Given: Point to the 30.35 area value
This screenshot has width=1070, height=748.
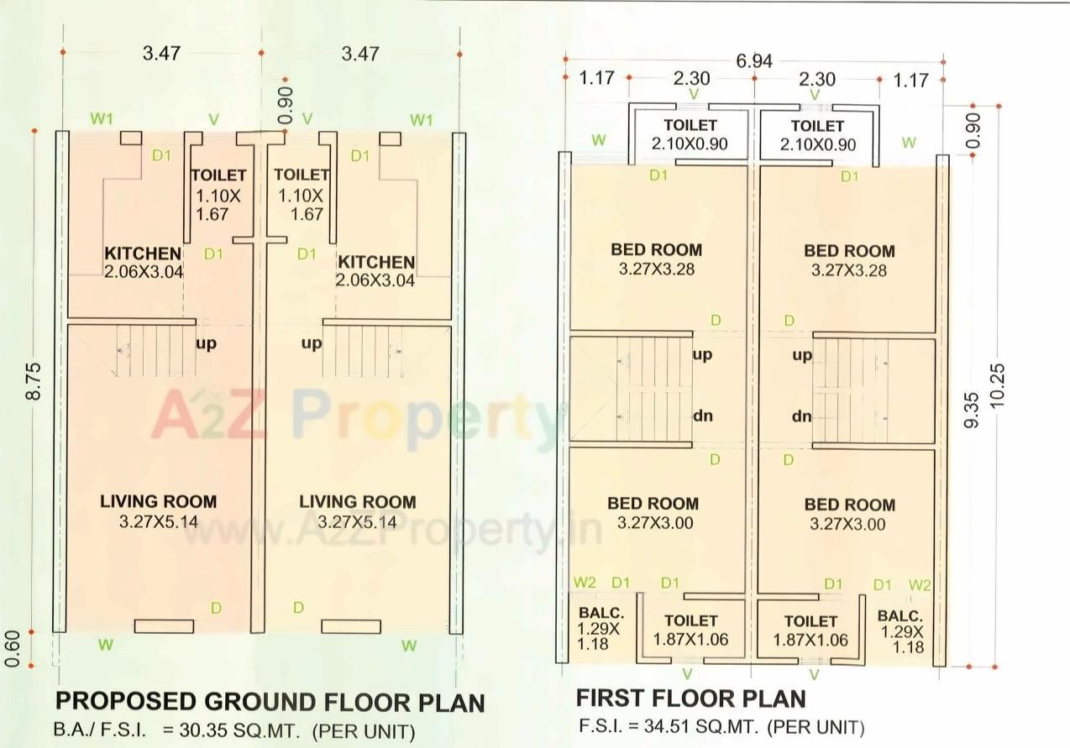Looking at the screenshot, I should (x=190, y=730).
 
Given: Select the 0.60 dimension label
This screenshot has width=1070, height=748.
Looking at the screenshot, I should (x=13, y=649).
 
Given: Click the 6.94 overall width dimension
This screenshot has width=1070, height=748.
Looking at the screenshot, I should (x=754, y=60).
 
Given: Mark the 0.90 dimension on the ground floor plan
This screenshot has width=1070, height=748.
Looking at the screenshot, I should (x=286, y=105).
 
